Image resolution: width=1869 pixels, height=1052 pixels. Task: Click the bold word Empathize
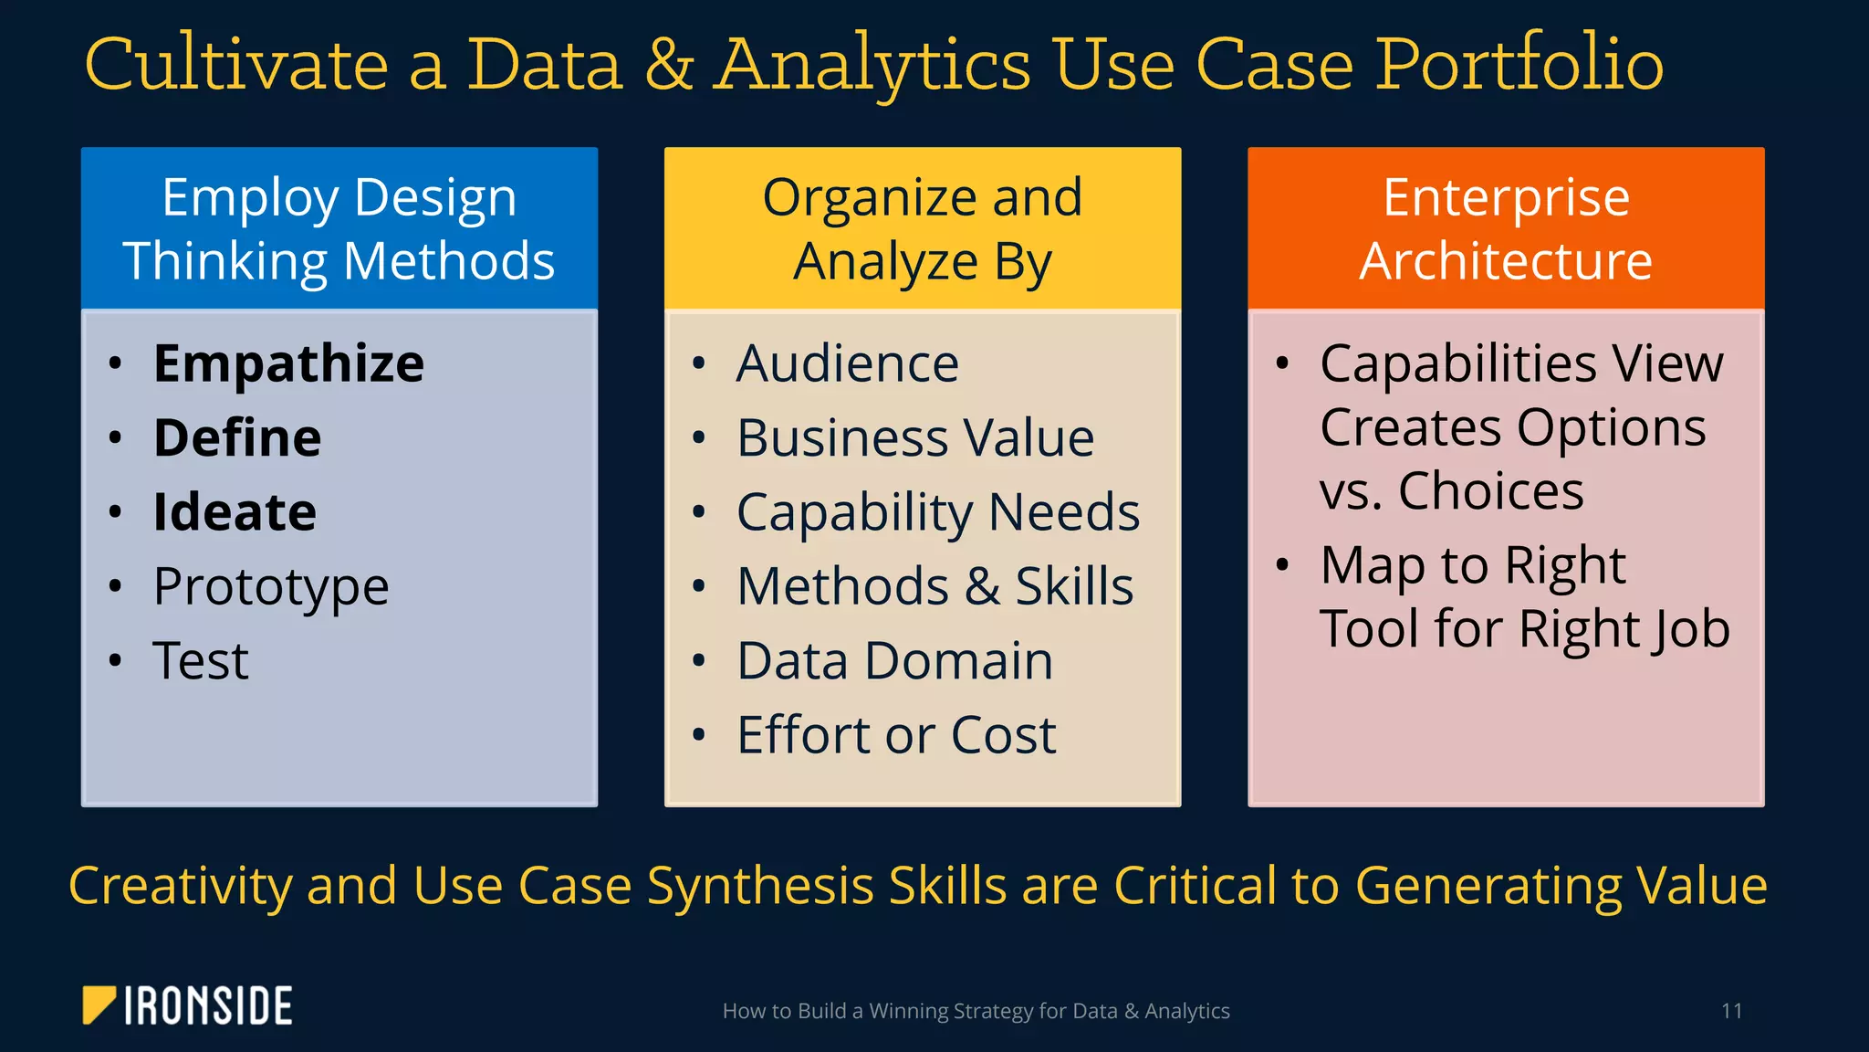tap(288, 364)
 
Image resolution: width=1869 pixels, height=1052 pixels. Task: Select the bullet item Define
tap(237, 438)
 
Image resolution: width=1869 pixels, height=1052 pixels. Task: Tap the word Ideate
tap(235, 512)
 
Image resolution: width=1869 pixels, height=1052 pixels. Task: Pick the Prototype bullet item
tap(271, 587)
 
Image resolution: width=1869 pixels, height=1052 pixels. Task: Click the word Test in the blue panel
tap(201, 661)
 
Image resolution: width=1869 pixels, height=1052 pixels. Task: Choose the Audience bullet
tap(848, 364)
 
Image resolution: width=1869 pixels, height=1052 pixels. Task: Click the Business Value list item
tap(915, 438)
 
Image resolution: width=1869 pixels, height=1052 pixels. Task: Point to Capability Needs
tap(938, 512)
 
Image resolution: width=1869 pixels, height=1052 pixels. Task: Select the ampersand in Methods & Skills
tap(982, 587)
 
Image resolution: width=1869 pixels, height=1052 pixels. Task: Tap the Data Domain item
tap(894, 661)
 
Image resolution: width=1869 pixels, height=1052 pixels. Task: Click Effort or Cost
tap(896, 735)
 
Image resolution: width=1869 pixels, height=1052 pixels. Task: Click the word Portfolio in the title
tap(1519, 66)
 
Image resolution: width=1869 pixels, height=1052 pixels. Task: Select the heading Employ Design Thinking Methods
tap(339, 229)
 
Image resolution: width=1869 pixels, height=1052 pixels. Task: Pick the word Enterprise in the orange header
tap(1506, 197)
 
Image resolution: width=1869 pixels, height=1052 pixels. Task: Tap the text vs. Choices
tap(1451, 492)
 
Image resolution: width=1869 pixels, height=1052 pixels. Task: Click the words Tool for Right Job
tap(1524, 630)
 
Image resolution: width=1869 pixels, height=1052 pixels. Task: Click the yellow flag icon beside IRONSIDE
tap(98, 1005)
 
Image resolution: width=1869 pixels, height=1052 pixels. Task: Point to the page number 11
tap(1731, 1011)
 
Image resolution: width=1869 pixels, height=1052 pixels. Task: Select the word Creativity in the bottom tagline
tap(181, 886)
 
